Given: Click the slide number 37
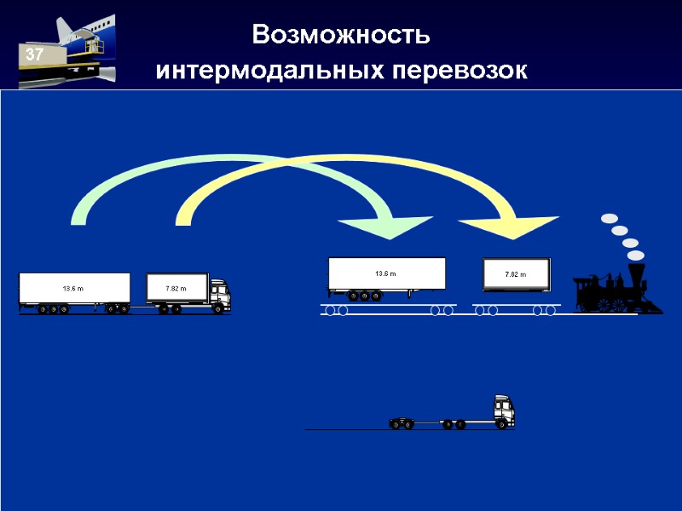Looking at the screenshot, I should pos(34,55).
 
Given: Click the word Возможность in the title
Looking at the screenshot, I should pos(341,36).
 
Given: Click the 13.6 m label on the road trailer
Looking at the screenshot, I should pos(73,290).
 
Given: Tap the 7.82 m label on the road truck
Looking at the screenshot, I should pos(176,289).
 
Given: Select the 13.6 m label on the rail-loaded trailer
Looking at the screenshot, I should pos(386,273).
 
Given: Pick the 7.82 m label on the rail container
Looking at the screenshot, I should pos(515,274).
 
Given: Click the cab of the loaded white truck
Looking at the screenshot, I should pos(219,292).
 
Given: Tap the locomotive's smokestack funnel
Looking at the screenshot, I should pos(635,274).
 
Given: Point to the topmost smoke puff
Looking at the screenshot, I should pos(609,219).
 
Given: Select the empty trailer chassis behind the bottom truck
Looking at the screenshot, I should pos(427,421).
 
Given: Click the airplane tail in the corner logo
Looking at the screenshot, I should pos(65,30).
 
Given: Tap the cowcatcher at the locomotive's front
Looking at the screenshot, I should pos(655,306).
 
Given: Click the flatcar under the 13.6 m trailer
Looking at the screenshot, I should pos(388,305).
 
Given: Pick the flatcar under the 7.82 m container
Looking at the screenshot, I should pos(516,305).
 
